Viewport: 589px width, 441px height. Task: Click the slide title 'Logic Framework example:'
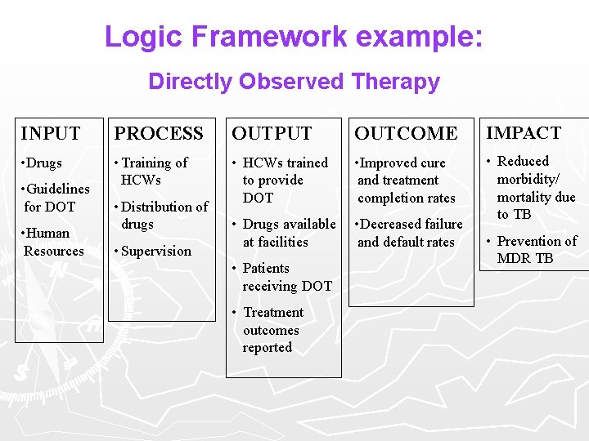coord(294,36)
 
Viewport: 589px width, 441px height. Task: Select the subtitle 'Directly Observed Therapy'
coord(294,82)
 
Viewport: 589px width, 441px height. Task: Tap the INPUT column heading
coord(51,133)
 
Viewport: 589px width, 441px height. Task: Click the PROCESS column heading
coord(159,133)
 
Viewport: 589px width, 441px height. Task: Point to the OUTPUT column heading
coord(272,133)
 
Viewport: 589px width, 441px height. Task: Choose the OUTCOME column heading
coord(406,133)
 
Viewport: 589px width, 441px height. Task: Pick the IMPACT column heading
coord(524,132)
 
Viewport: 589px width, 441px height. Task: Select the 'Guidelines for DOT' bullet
coord(56,198)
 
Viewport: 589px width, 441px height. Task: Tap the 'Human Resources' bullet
coord(52,242)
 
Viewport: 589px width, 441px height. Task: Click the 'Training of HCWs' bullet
coord(152,171)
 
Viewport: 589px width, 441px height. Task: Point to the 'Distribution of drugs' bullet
coord(162,215)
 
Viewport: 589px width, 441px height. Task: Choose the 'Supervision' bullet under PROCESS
coord(154,251)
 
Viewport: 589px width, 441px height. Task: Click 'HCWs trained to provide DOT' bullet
coord(280,180)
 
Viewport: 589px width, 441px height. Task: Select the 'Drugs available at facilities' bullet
coord(285,233)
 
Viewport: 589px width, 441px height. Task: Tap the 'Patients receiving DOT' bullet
coord(282,277)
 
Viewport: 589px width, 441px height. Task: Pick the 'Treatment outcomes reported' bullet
coord(270,330)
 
